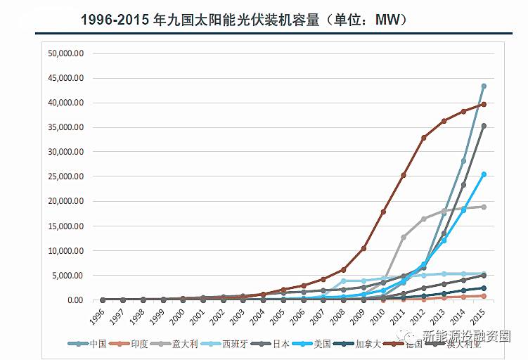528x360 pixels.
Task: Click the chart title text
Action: (243, 20)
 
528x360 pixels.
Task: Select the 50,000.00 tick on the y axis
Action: (65, 53)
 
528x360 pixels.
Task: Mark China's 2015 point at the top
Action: (484, 86)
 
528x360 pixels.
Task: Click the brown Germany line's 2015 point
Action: (484, 105)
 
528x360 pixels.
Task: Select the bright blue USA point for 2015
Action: (484, 174)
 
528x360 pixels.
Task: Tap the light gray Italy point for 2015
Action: (484, 207)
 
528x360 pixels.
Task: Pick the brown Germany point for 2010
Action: (383, 212)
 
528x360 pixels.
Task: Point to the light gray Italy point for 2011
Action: (404, 237)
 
